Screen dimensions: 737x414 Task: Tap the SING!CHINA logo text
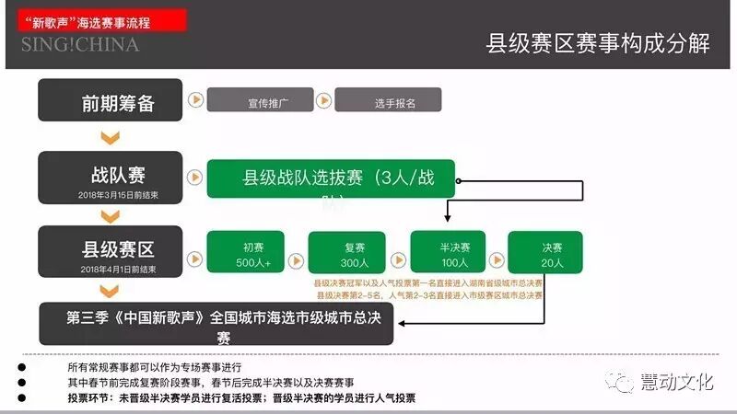tap(80, 44)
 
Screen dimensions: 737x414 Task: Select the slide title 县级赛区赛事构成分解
tap(598, 44)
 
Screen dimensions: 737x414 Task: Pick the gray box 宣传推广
tap(268, 100)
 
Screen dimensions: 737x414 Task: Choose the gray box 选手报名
tap(388, 100)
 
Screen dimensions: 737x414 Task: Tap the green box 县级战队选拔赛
tap(331, 178)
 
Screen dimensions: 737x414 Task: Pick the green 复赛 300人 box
tap(346, 254)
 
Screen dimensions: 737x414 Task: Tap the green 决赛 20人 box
tap(552, 254)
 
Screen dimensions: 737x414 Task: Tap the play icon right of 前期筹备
tap(194, 99)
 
